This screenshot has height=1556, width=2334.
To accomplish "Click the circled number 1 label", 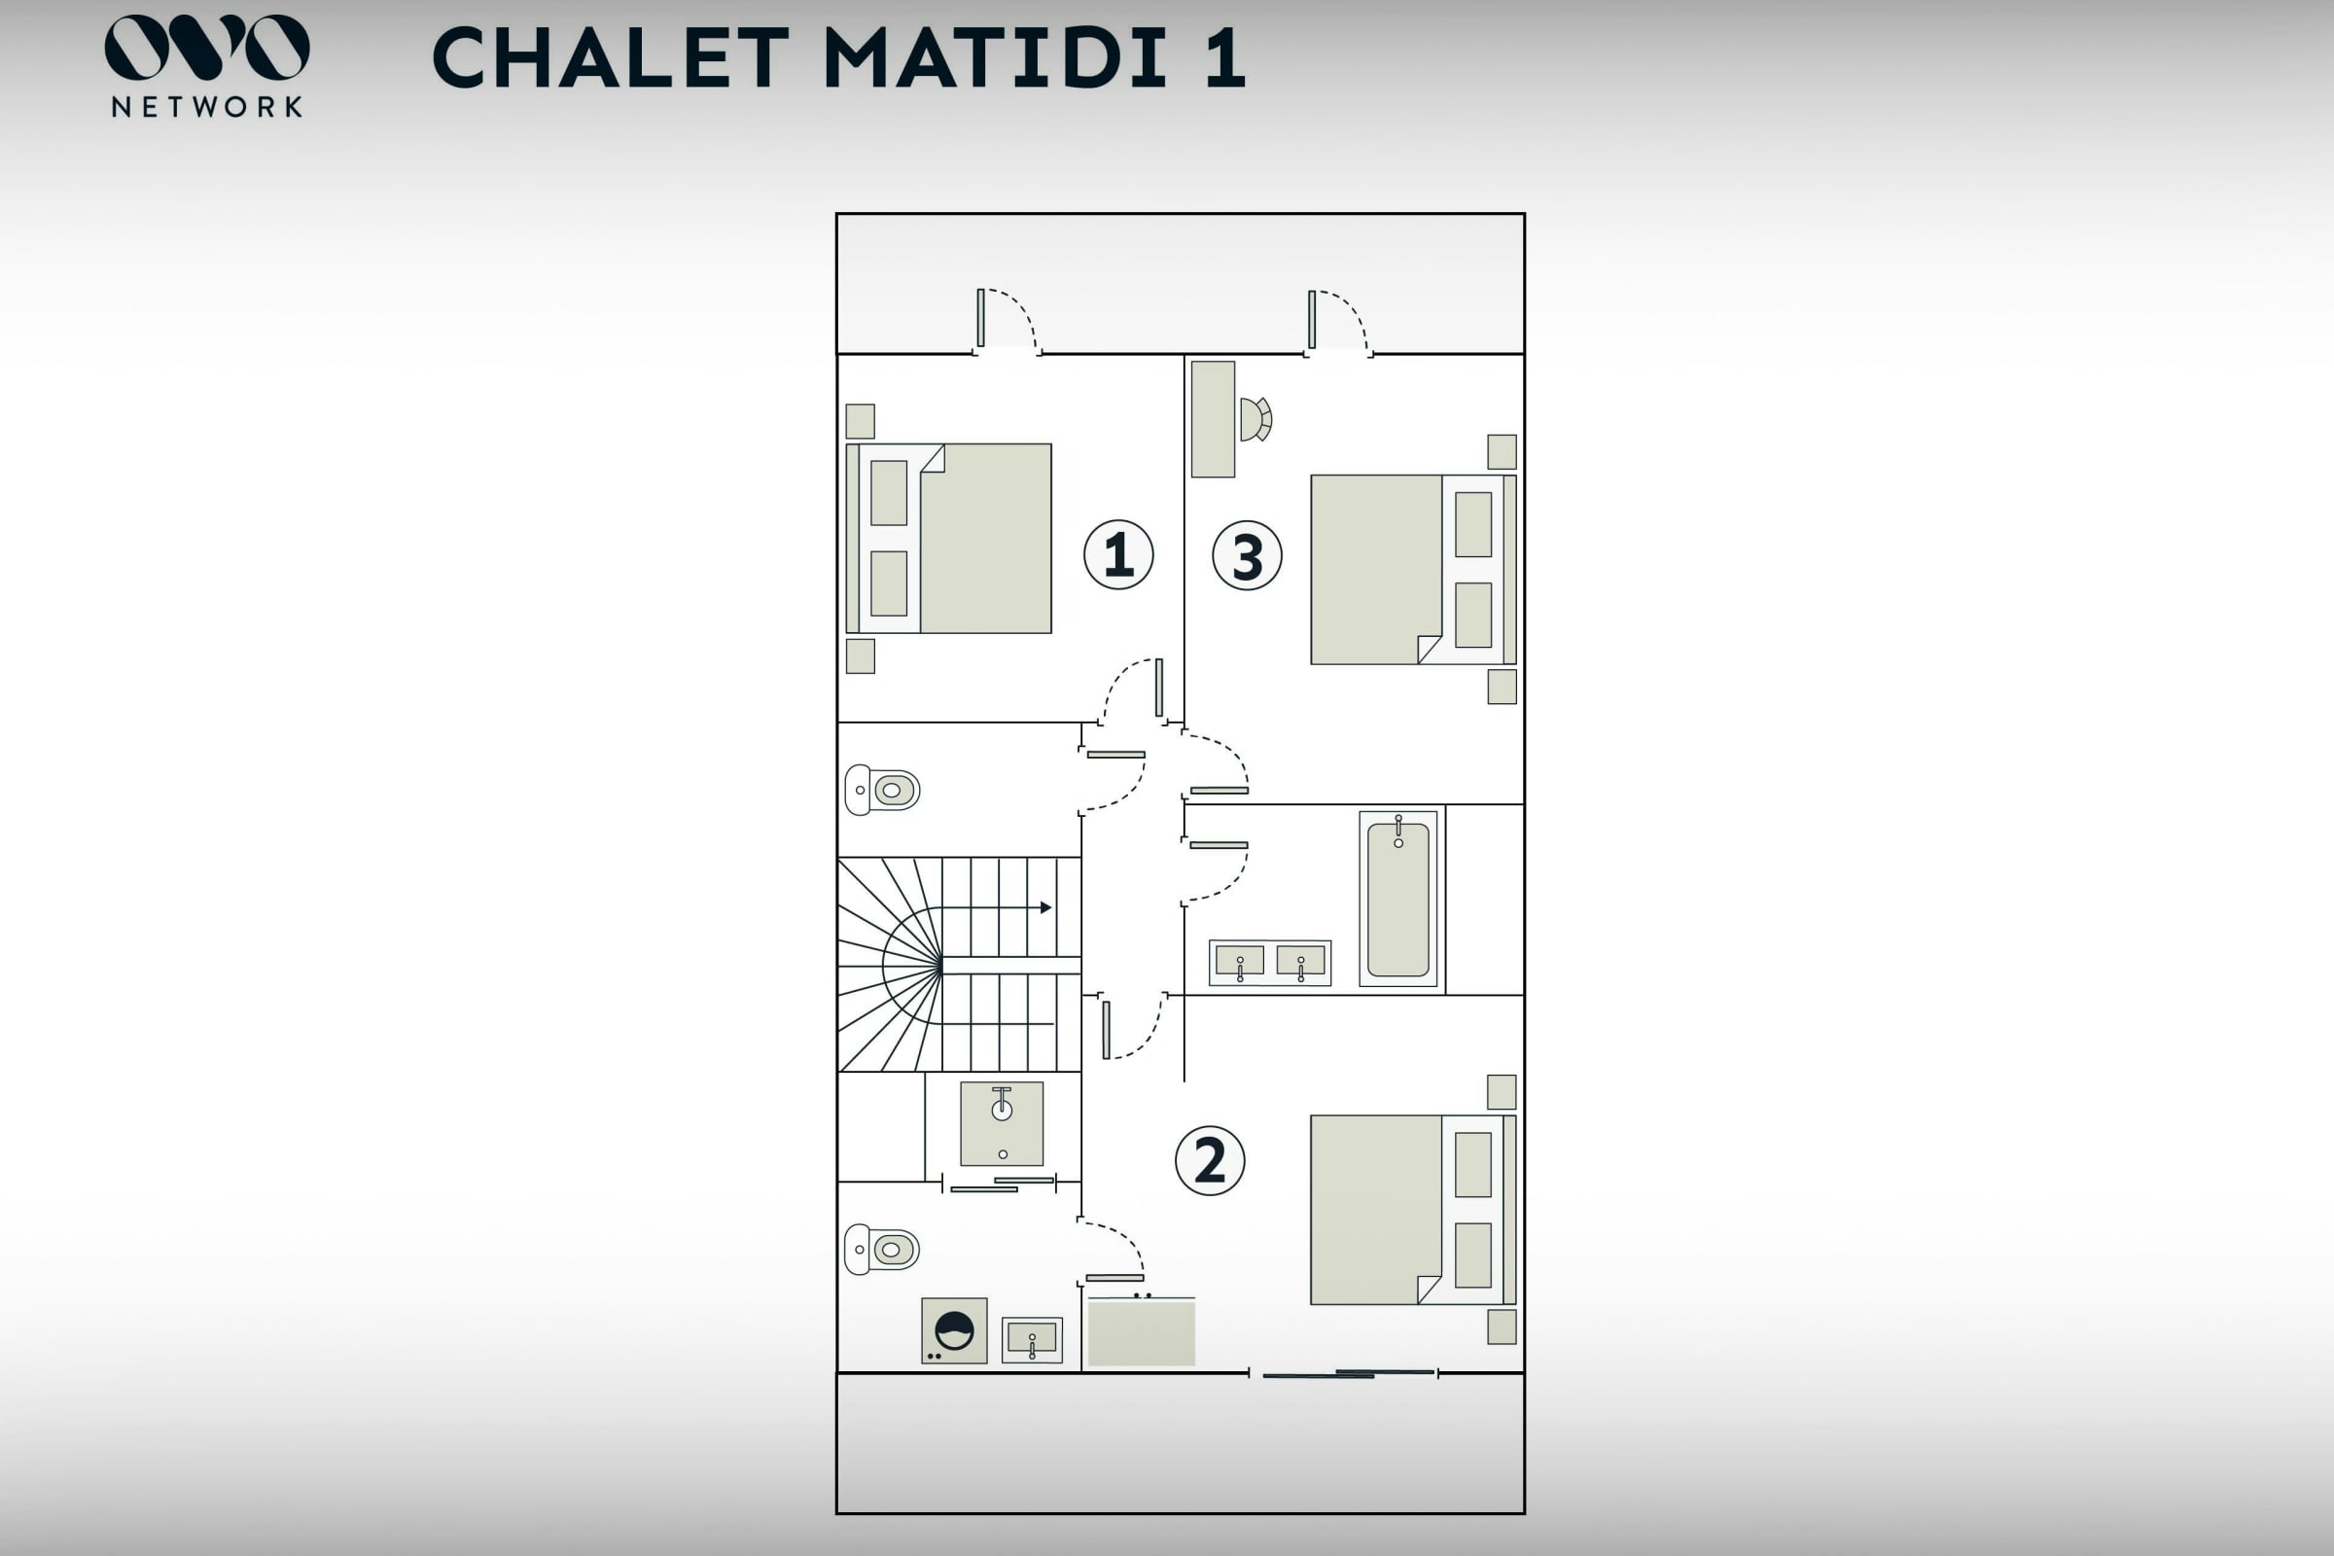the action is pos(1118,554).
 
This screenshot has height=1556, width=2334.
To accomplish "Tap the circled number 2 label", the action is pos(1210,1160).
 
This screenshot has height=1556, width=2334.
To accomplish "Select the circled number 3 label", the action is pos(1248,555).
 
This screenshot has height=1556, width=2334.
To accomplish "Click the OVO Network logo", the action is pos(206,65).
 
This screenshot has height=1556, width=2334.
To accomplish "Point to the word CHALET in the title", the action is pos(612,57).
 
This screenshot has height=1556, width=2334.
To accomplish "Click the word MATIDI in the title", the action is pos(996,57).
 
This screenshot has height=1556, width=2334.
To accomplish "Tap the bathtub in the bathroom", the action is pos(1398,899).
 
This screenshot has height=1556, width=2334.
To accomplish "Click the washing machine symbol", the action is pos(954,1330).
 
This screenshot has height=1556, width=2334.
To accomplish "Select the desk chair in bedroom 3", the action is pos(1256,419).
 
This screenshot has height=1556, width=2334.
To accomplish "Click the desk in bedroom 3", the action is pos(1213,419).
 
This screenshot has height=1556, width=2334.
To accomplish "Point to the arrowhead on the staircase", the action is pos(1046,907).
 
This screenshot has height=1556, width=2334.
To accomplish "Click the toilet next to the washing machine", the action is pos(881,1250).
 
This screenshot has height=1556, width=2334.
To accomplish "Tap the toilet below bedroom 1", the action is pos(882,790).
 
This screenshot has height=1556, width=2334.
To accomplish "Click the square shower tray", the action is pos(1002,1123).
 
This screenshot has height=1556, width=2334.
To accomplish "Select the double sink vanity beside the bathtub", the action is pos(1270,963).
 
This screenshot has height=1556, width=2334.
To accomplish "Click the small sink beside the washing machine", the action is pos(1032,1340).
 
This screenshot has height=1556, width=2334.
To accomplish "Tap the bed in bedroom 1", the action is pos(949,538).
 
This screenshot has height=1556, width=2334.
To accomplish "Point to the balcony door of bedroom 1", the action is pos(1008,321).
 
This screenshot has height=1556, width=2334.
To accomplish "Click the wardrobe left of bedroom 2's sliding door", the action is pos(1141,1331).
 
